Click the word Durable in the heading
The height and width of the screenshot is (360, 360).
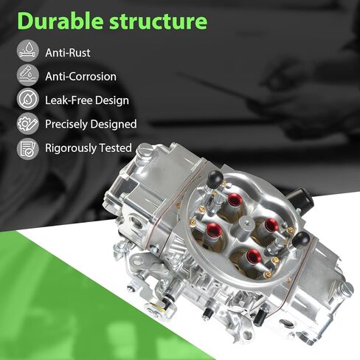[60, 21]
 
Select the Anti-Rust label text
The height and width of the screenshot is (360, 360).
[68, 52]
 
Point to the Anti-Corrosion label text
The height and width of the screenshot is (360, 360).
[80, 77]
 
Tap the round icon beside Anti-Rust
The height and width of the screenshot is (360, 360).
[28, 51]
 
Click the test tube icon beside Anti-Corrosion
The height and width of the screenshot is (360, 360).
[28, 75]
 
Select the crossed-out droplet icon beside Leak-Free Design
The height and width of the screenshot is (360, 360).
[28, 99]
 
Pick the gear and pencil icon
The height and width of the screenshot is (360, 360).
[28, 123]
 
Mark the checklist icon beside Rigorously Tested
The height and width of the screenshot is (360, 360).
[28, 149]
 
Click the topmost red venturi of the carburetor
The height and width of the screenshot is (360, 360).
[234, 199]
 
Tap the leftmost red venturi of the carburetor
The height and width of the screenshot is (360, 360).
[214, 229]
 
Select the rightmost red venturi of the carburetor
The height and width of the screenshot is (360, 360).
[271, 225]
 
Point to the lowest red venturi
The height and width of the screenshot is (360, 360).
[254, 255]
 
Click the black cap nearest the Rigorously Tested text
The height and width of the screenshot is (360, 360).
[215, 179]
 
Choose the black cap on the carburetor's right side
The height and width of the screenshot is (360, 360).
[301, 239]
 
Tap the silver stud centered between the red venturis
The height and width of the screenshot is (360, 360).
[246, 225]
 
